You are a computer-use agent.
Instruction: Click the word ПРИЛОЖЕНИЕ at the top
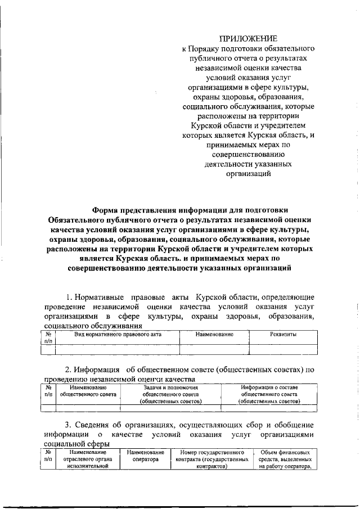[x=248, y=38]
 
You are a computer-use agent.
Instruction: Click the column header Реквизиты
[x=283, y=335]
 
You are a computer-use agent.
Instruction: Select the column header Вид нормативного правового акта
[x=118, y=335]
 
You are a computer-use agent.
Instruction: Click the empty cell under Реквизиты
[x=283, y=349]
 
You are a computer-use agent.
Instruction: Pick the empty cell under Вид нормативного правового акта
[x=118, y=349]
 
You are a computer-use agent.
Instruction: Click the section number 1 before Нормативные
[x=69, y=297]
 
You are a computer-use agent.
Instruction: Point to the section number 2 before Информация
[x=69, y=370]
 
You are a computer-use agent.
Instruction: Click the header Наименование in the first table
[x=214, y=335]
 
